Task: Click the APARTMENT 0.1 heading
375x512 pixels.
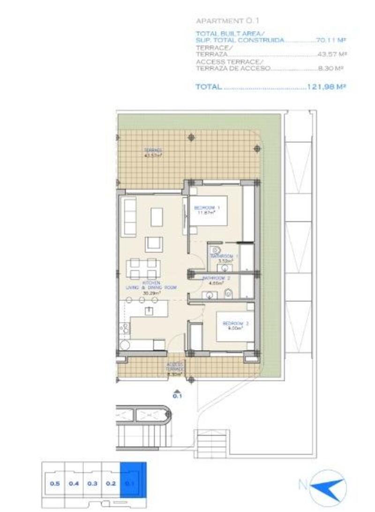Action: pos(227,21)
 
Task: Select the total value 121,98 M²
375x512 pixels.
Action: pos(326,87)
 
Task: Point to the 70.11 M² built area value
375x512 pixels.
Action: pos(331,40)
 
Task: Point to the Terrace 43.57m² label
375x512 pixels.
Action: pos(153,153)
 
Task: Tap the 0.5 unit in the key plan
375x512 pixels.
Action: pos(55,483)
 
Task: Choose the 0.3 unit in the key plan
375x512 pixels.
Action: pos(92,483)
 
